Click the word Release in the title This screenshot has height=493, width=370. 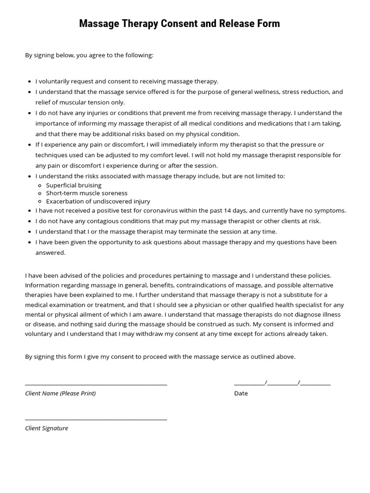click(230, 24)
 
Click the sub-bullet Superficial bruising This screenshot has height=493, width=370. click(74, 185)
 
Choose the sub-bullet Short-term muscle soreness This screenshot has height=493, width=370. click(87, 193)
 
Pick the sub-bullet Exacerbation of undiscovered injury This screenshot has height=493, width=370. click(98, 201)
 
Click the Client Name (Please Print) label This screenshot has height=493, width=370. click(60, 393)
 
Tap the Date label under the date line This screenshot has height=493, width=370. click(241, 393)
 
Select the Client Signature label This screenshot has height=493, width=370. click(47, 428)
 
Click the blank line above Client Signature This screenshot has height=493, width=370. click(96, 419)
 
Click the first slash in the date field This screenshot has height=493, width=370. click(266, 383)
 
